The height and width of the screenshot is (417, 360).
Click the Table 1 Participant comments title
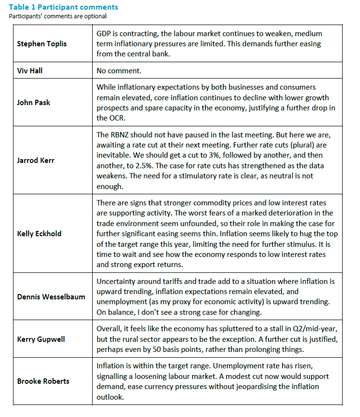63,7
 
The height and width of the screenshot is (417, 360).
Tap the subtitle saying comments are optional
57,16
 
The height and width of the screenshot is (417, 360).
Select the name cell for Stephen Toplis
42,44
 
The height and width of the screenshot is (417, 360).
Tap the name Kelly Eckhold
40,233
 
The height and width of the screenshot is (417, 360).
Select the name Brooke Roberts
43,381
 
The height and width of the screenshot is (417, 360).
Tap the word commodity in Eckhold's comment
208,203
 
